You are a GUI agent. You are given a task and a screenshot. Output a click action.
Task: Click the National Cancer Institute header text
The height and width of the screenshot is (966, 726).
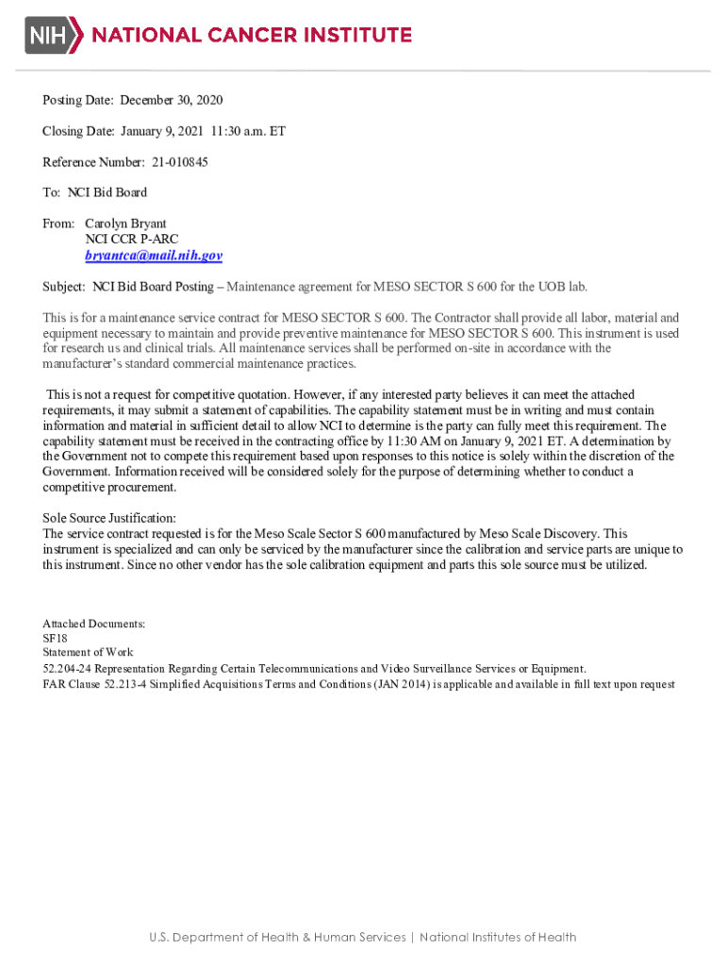click(x=251, y=36)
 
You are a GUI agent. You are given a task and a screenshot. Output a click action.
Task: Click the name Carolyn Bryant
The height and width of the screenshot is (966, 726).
click(x=125, y=224)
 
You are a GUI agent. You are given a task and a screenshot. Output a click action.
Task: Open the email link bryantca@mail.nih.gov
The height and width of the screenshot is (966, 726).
click(x=154, y=256)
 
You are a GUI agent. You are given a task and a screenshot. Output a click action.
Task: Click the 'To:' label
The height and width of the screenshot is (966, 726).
click(x=53, y=192)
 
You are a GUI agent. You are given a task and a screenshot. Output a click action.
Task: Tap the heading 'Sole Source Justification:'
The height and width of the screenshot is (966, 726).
click(x=109, y=518)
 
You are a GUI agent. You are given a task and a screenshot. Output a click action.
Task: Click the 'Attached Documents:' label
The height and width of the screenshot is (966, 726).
click(x=93, y=624)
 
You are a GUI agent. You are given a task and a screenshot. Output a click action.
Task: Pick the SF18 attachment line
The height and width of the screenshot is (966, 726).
click(x=55, y=638)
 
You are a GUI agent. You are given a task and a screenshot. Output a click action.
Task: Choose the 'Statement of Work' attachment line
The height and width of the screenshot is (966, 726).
click(x=88, y=652)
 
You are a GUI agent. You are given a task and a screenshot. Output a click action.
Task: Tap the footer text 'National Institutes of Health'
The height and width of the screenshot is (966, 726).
click(x=498, y=937)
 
